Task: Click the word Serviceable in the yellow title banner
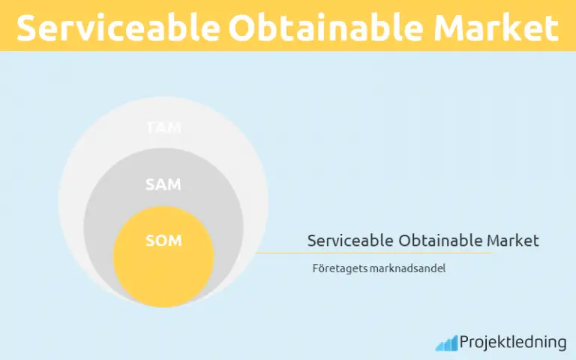117,28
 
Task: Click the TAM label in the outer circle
163,127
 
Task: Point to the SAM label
163,184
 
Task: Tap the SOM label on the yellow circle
163,241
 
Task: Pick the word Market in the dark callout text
513,241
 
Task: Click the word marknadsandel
408,268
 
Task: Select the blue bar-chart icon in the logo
447,343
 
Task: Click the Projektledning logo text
513,343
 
